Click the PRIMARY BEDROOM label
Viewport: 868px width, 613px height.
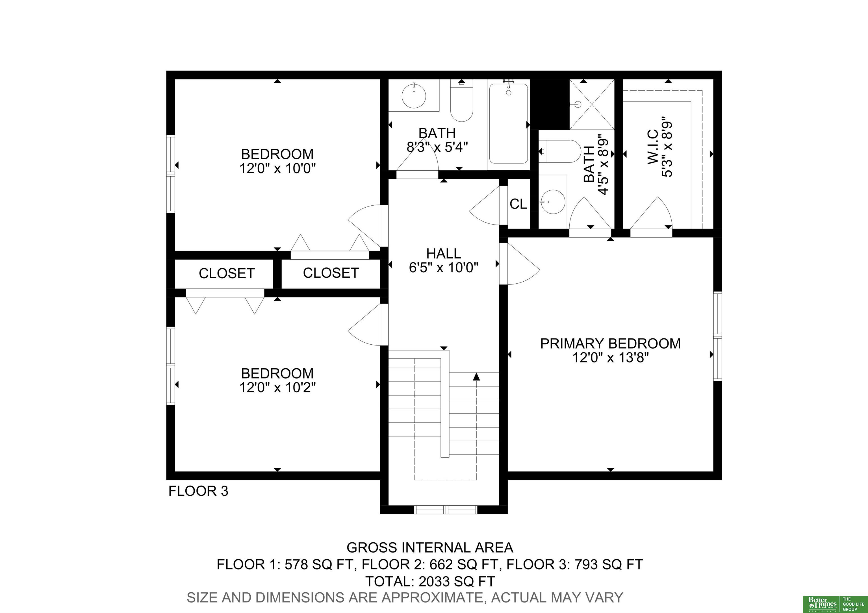tap(610, 343)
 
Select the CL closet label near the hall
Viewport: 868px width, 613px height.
tap(518, 204)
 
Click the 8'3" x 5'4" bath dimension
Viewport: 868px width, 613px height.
tap(437, 147)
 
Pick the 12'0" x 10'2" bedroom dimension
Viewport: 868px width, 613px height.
tap(277, 387)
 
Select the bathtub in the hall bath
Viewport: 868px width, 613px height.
tap(508, 123)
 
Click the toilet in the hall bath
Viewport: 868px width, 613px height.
tap(462, 101)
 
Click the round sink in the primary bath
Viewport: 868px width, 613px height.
tap(553, 202)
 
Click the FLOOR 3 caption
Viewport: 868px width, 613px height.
tap(198, 491)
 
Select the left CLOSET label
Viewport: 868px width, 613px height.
tap(227, 273)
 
